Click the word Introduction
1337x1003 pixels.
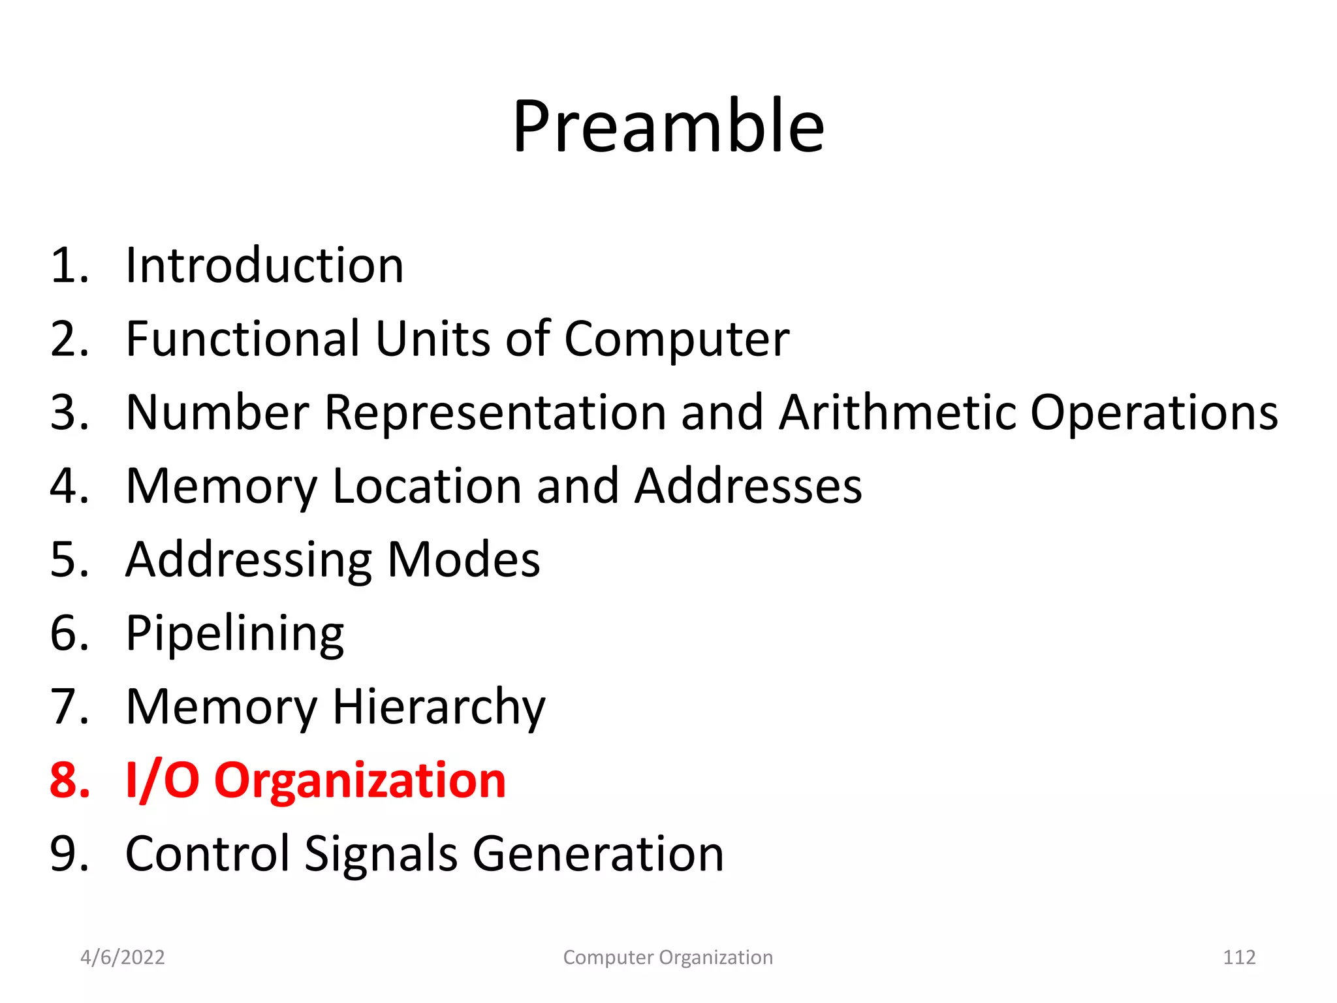[264, 266]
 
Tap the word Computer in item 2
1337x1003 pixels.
[676, 340]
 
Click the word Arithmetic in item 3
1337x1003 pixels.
[898, 413]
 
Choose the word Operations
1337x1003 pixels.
[1154, 414]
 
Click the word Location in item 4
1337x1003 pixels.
[426, 486]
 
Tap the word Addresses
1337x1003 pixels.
[748, 486]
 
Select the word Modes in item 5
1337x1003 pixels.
[464, 560]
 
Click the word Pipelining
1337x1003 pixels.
[234, 634]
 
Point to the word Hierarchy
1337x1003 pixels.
[439, 708]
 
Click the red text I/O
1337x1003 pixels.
[163, 780]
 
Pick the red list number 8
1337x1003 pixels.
[69, 780]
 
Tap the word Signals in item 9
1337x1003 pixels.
[381, 854]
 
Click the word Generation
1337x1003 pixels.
[598, 854]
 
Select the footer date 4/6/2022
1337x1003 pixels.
[122, 957]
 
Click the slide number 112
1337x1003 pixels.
[1238, 957]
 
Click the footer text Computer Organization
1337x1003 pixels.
[668, 957]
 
